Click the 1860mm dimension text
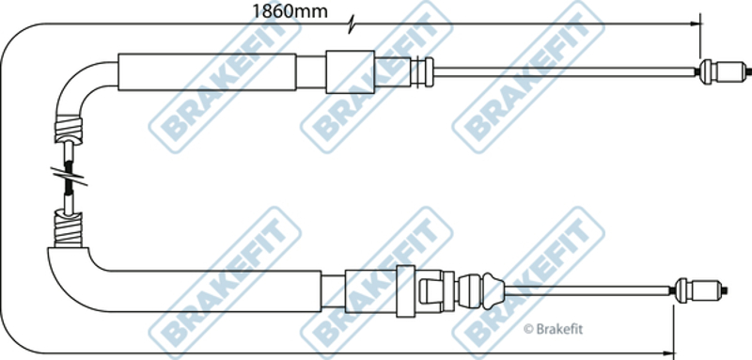coord(290,11)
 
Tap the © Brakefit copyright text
coord(553,329)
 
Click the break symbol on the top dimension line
coord(352,24)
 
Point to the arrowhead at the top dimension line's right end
coord(693,23)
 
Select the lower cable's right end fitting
coord(700,290)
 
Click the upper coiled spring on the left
coord(69,129)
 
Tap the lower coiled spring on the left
coord(68,228)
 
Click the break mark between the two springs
coord(69,177)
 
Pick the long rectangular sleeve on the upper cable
coord(207,71)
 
